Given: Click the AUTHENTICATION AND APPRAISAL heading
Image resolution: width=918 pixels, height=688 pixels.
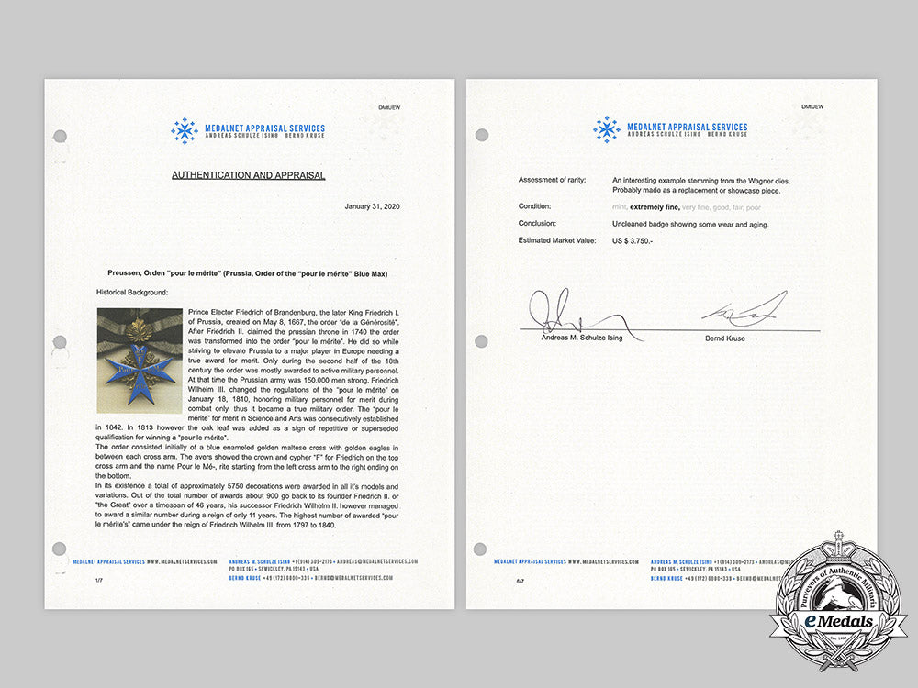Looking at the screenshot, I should tap(248, 174).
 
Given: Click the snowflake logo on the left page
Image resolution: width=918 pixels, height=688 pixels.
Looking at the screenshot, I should tap(185, 131).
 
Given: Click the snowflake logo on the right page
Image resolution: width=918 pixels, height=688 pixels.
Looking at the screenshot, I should tap(606, 129).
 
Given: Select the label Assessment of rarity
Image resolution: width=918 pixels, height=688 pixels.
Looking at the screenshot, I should tap(553, 180).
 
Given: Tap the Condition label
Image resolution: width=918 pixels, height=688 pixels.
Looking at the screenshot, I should tap(535, 206).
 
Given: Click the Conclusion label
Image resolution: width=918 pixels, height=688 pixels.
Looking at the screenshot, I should tap(538, 223).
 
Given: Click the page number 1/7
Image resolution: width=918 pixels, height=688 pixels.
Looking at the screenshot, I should tap(98, 581).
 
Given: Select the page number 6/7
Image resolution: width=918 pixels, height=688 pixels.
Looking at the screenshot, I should tap(520, 581).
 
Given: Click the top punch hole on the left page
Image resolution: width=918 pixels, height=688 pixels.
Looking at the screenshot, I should tap(61, 137).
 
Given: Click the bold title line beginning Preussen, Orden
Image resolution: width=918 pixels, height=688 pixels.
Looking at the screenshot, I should tap(248, 273).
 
